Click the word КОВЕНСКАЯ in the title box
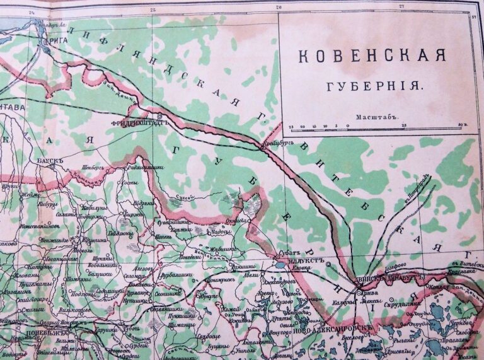(372, 56)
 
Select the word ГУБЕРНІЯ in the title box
(372, 84)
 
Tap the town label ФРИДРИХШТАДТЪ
(136, 123)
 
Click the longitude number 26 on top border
(279, 7)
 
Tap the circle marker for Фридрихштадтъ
(160, 117)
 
